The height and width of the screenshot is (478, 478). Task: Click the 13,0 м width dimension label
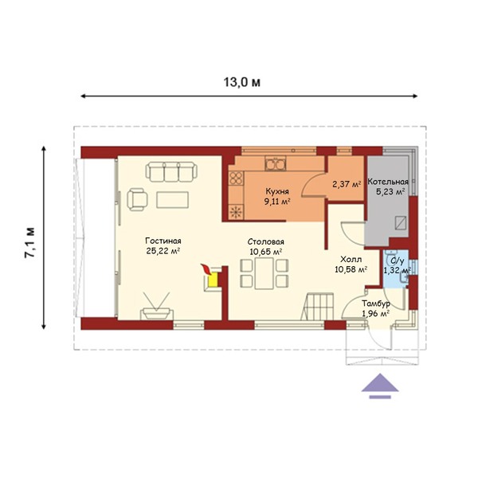point(242,82)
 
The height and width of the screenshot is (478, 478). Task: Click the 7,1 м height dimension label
point(30,243)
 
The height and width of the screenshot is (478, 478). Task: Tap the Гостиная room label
point(163,241)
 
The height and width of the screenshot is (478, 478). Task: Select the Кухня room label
point(277,191)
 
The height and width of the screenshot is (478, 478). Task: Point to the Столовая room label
point(266,241)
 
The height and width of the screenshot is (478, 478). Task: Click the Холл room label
point(351,260)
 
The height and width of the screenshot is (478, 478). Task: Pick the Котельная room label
point(388,182)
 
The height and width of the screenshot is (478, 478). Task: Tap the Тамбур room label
point(376,304)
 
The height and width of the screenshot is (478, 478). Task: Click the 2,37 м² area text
point(347,184)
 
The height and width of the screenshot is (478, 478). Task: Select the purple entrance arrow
point(380,386)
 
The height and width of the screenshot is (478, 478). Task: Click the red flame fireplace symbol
point(206,270)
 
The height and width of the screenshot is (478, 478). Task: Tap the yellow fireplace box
point(213,280)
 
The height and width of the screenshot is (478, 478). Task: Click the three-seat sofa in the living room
point(171,172)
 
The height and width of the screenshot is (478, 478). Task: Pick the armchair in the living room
point(137,199)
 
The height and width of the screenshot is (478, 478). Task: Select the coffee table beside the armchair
point(173,200)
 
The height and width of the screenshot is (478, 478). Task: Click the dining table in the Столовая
point(264,273)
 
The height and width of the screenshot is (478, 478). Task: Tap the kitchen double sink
point(276,163)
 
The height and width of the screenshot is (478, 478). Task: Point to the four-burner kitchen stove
point(237,178)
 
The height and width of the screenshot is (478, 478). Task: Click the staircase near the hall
point(318,307)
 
